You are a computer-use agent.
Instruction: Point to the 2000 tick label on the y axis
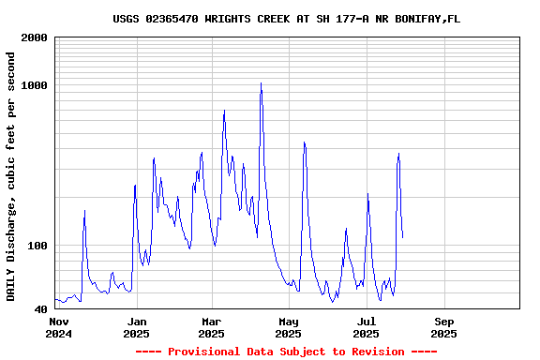(x=34, y=38)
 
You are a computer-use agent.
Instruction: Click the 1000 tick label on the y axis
(x=34, y=86)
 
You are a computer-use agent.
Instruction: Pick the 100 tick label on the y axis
(x=37, y=247)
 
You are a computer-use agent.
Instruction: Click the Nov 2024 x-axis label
(x=58, y=327)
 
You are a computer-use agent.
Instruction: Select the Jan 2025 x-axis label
(x=136, y=327)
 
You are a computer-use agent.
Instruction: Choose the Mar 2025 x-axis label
(x=211, y=327)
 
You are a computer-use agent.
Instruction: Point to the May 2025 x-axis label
(x=288, y=327)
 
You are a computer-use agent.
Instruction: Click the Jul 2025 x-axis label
(x=366, y=327)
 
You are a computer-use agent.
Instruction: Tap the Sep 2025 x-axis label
(x=443, y=327)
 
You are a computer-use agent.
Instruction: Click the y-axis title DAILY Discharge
(x=11, y=176)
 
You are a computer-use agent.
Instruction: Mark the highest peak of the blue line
(x=261, y=83)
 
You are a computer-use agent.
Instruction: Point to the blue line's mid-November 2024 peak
(x=84, y=211)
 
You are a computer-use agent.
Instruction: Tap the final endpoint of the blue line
(x=402, y=237)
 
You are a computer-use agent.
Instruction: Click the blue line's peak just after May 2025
(x=304, y=142)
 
